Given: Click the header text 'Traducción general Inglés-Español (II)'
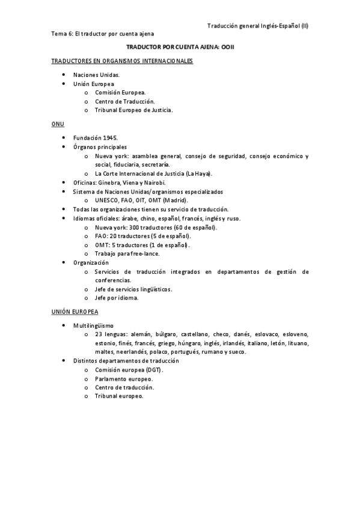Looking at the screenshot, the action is pyautogui.click(x=258, y=26).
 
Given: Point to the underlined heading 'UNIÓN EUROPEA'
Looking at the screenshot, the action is pyautogui.click(x=75, y=313).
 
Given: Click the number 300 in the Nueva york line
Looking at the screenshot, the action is pyautogui.click(x=137, y=228).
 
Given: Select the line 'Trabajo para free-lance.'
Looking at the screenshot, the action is pyautogui.click(x=127, y=254).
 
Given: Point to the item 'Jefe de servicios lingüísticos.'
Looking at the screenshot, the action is pyautogui.click(x=133, y=289).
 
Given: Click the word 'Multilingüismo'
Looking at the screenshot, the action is pyautogui.click(x=93, y=325).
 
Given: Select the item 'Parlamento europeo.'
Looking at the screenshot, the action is pyautogui.click(x=124, y=379).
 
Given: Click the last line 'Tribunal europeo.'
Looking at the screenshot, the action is pyautogui.click(x=119, y=396).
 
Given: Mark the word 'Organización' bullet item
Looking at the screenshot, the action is pyautogui.click(x=91, y=263).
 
